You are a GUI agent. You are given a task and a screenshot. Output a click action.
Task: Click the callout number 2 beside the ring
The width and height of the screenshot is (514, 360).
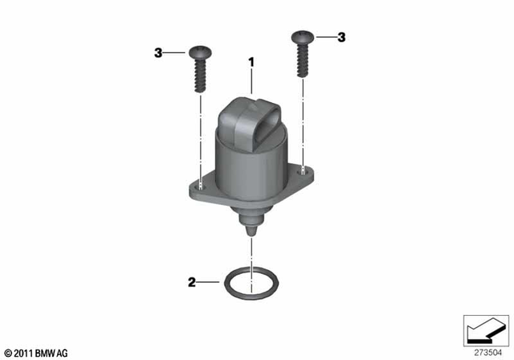point(191,282)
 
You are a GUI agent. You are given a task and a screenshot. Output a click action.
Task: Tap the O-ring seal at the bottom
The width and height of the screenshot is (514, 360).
point(251,284)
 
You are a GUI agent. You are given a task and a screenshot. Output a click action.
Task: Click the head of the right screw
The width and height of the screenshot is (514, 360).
point(302,36)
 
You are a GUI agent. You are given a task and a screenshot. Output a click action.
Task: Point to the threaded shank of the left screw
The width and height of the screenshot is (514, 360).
point(199,76)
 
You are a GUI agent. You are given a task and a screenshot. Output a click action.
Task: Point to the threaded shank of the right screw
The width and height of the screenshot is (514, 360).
point(302,60)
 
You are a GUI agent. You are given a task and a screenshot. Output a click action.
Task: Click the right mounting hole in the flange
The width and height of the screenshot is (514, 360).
point(302,169)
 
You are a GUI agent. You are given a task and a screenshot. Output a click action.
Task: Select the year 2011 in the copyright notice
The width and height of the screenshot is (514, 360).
point(24,353)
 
